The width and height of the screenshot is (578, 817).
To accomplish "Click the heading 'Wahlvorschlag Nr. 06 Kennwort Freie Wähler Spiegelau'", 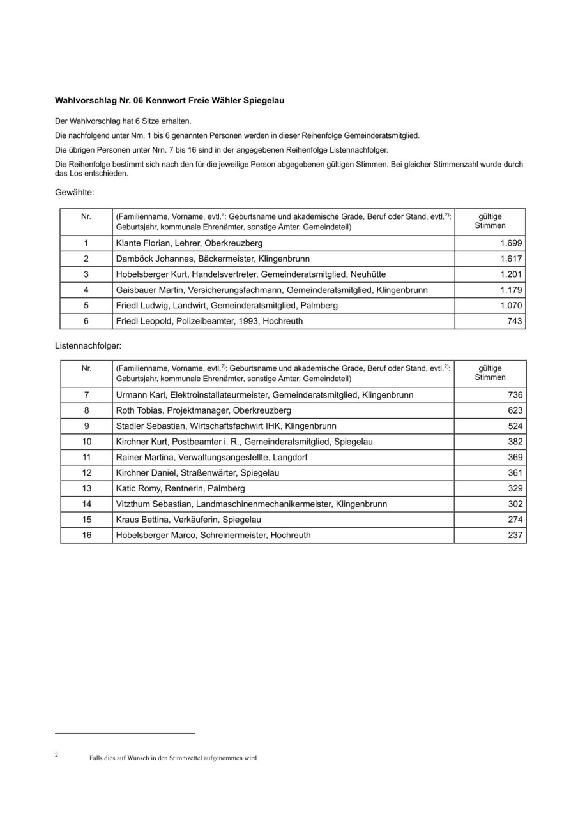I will [169, 101].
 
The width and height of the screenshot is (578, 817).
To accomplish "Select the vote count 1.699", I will [511, 243].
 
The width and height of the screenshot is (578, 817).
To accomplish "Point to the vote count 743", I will [515, 321].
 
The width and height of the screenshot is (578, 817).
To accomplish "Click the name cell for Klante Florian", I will [189, 243].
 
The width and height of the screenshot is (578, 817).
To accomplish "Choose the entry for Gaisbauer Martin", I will [271, 290].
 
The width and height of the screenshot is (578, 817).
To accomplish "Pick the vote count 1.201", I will [511, 274].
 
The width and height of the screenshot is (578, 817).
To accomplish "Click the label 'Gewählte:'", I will [75, 191].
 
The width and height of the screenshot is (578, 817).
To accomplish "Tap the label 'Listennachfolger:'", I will [88, 345].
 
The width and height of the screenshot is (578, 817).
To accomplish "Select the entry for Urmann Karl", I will [264, 395].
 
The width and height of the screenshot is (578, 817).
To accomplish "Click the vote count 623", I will [515, 410].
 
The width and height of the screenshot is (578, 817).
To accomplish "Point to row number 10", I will [86, 442].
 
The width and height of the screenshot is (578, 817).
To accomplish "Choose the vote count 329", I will [515, 488].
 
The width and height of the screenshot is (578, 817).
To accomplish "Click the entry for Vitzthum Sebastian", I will [252, 504].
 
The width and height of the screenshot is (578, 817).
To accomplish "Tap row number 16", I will [86, 536].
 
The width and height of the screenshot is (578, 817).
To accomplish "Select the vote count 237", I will [515, 536].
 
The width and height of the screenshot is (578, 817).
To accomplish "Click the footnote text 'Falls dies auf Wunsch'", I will [173, 758].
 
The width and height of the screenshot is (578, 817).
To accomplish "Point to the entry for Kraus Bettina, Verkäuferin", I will [188, 520].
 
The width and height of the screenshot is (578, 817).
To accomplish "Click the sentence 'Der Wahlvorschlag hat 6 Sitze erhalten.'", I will [123, 121].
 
